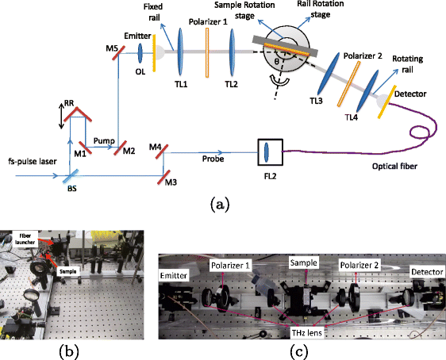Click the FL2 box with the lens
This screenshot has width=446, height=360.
(x=267, y=150)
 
